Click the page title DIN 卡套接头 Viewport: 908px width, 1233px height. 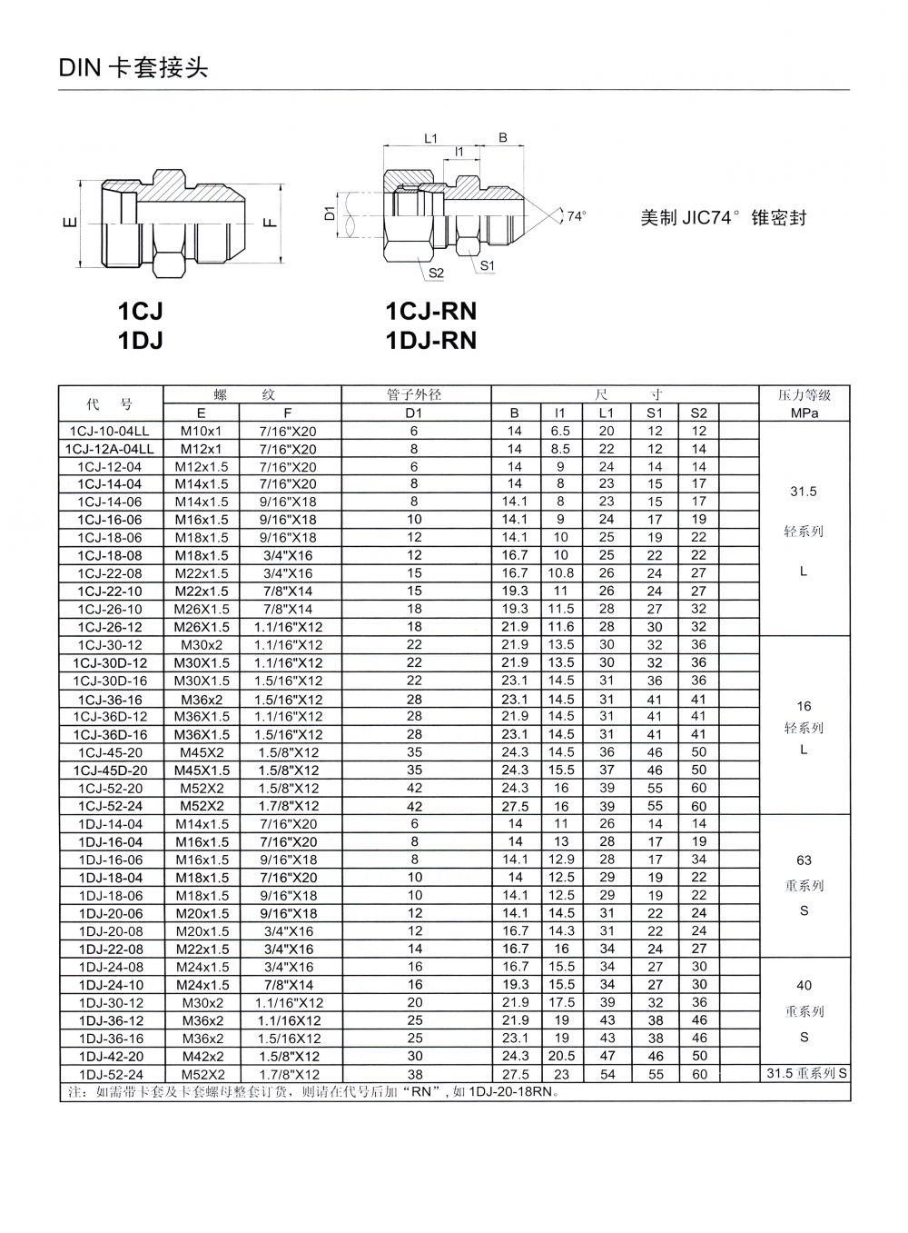tap(133, 68)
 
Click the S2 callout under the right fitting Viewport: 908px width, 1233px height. tap(435, 272)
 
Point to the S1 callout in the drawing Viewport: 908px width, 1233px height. tap(487, 266)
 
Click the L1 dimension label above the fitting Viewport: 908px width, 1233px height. tap(431, 138)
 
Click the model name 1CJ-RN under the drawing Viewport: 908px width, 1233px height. tap(430, 312)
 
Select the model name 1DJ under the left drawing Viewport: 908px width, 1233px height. tap(141, 340)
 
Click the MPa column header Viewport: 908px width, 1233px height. tap(804, 413)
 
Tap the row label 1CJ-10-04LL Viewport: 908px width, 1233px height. tap(110, 431)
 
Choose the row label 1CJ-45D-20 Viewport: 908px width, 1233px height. tap(110, 770)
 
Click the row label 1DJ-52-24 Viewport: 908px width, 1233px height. tap(110, 1074)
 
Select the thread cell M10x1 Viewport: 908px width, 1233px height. tap(206, 431)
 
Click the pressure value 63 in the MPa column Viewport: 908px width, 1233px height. tap(804, 860)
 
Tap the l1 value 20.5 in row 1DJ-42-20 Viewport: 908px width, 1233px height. tap(561, 1056)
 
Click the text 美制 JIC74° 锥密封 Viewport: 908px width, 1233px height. tap(723, 218)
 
